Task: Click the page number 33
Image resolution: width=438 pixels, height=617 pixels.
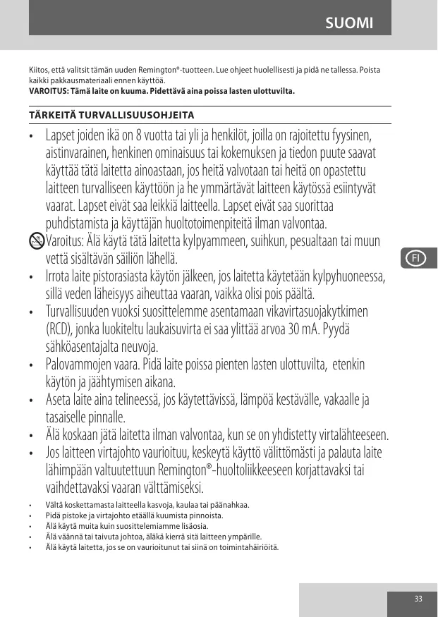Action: (418, 599)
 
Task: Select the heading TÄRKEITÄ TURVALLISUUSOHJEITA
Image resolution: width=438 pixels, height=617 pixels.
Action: (111, 114)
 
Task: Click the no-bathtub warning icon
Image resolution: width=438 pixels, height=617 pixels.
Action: (37, 242)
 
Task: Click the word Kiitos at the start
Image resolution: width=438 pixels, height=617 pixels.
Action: (38, 71)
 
